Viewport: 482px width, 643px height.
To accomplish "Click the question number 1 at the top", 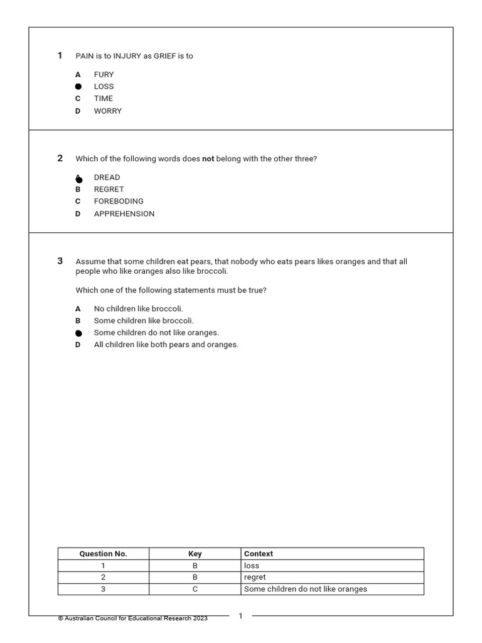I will [x=60, y=56].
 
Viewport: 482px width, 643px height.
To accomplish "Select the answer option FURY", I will [x=104, y=75].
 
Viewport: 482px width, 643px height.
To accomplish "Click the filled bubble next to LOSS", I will [x=78, y=87].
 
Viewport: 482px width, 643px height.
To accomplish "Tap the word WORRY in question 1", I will [x=107, y=111].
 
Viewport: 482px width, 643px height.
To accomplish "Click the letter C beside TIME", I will [x=78, y=99].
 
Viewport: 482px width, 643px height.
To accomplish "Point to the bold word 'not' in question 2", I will [x=208, y=159].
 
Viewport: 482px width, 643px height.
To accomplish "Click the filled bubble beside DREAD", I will [x=78, y=179].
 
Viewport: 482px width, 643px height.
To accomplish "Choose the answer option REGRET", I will [x=109, y=190].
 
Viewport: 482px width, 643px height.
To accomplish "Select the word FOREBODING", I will [x=119, y=202].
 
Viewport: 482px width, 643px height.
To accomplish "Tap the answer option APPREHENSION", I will [x=124, y=214].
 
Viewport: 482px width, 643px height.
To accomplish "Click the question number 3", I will [x=60, y=261].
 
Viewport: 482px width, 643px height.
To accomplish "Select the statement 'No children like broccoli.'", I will [x=138, y=309].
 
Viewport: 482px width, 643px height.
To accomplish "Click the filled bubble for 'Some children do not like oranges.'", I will [x=78, y=333].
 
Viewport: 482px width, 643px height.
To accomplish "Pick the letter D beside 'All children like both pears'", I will [x=78, y=345].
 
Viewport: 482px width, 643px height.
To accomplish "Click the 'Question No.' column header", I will [x=103, y=554].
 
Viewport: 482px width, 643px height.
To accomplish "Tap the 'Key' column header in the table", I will [x=195, y=554].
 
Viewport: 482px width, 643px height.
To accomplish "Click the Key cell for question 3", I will [x=195, y=589].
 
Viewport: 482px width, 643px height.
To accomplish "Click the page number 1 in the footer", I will [x=240, y=617].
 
